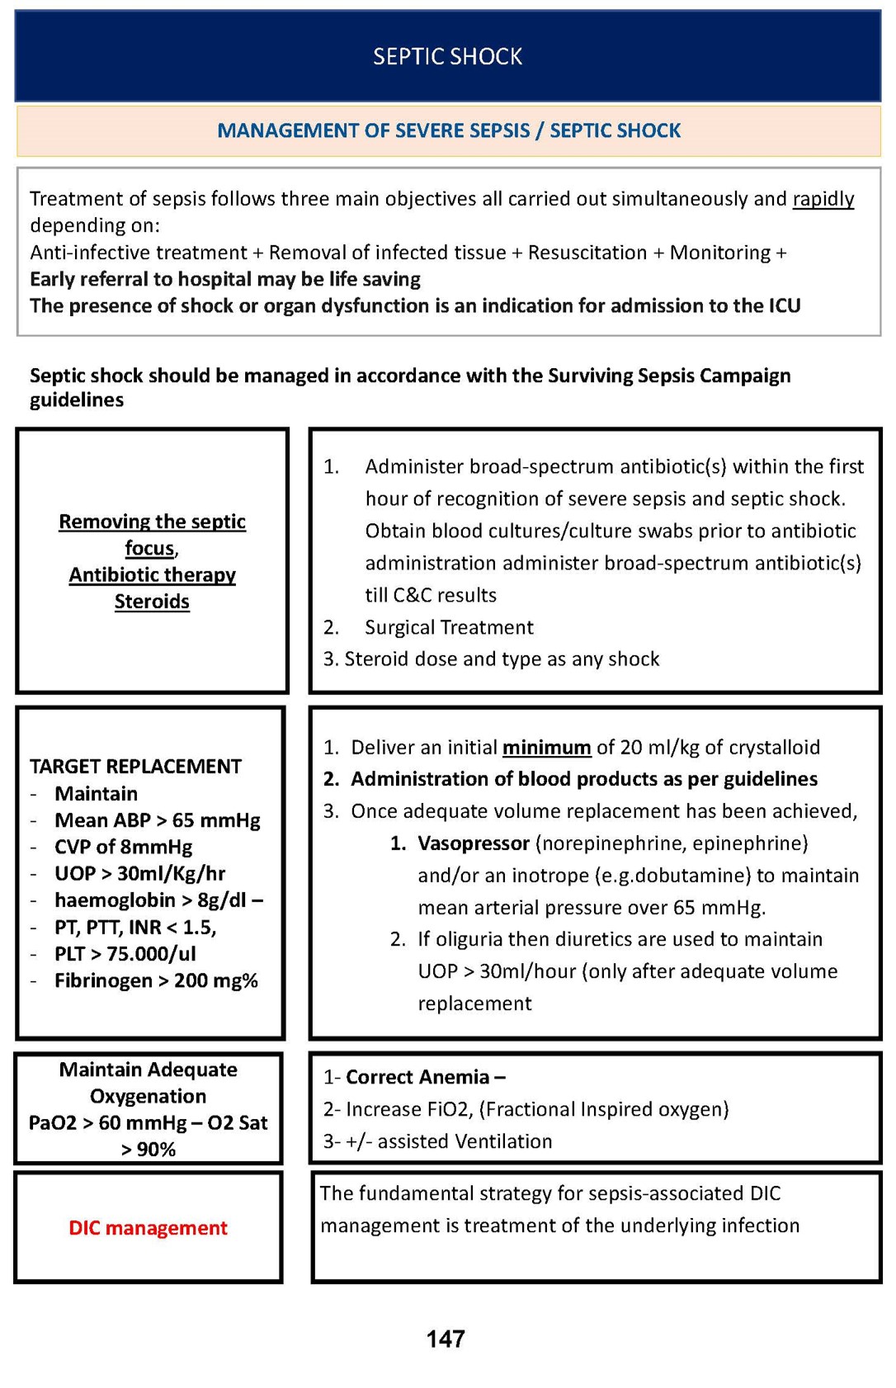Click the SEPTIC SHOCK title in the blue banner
(x=447, y=56)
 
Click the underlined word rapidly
(x=823, y=199)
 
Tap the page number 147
(x=446, y=1338)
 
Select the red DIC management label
(x=148, y=1228)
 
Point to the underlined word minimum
(x=546, y=748)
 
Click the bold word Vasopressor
(x=473, y=843)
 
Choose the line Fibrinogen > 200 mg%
(x=156, y=980)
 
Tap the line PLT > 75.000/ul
(x=125, y=954)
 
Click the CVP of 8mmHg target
(x=123, y=847)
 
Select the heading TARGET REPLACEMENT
(x=135, y=767)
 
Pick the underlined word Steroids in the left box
(x=152, y=602)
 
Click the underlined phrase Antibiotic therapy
(x=152, y=575)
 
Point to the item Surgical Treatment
(x=449, y=627)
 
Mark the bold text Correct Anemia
(x=417, y=1077)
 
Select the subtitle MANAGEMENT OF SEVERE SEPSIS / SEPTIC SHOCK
(x=449, y=130)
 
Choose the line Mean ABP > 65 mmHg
(x=157, y=820)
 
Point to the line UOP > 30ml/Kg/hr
(x=139, y=873)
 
